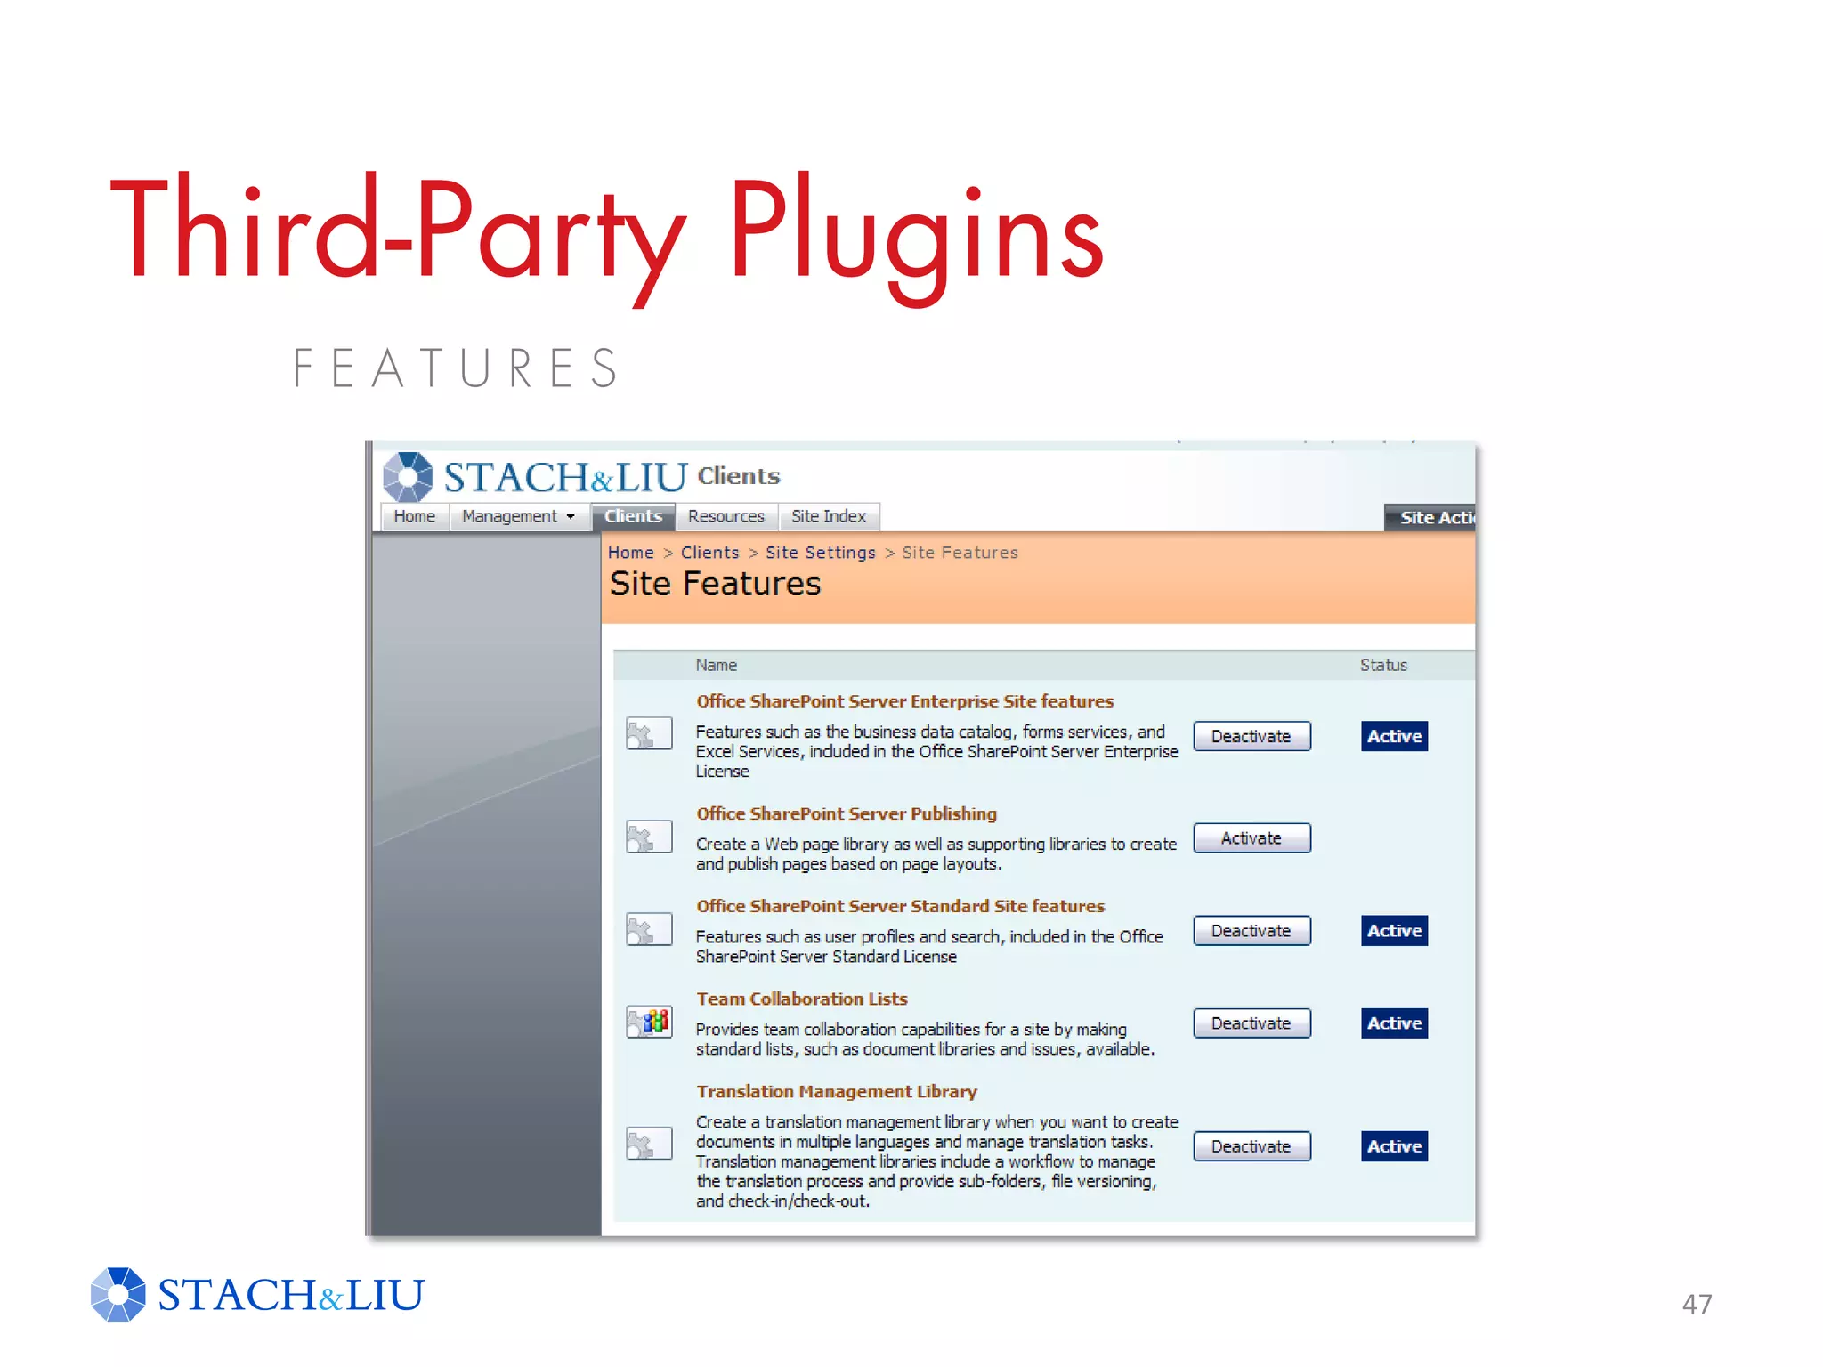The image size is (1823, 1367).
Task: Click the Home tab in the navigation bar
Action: (x=414, y=516)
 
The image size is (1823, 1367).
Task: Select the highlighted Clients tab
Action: (x=633, y=516)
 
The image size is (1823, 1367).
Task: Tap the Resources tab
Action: (x=725, y=516)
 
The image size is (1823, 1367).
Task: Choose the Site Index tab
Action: (x=828, y=516)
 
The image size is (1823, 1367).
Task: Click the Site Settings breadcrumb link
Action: (x=820, y=553)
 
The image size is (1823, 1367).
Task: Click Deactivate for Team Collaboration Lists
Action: (x=1251, y=1023)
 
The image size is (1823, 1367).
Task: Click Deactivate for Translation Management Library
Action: (x=1251, y=1146)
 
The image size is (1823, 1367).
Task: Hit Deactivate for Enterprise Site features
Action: (x=1251, y=736)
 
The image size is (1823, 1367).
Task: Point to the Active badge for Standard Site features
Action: (x=1394, y=931)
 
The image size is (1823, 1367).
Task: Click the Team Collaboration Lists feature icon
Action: (x=649, y=1022)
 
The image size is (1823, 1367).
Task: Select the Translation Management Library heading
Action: (x=836, y=1092)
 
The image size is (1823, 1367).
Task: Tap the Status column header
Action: (x=1383, y=665)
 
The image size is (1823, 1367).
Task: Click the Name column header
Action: (x=716, y=665)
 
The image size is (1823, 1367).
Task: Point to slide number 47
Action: (x=1697, y=1304)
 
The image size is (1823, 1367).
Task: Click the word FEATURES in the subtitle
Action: (x=456, y=368)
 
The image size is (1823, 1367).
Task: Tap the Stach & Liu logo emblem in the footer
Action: (x=117, y=1294)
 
